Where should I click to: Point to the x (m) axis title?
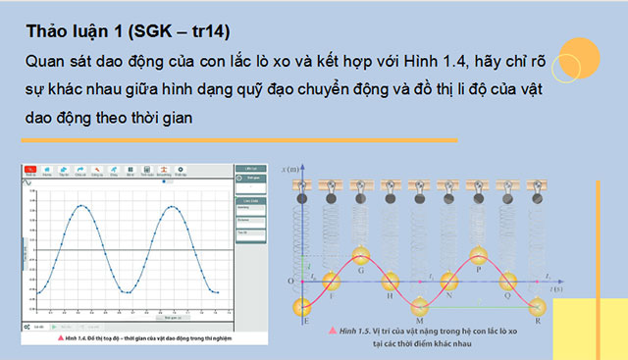tap(291, 170)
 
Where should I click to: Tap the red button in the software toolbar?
tap(30, 171)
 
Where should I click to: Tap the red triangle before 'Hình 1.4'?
tap(30, 337)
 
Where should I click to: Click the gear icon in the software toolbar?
tap(179, 171)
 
